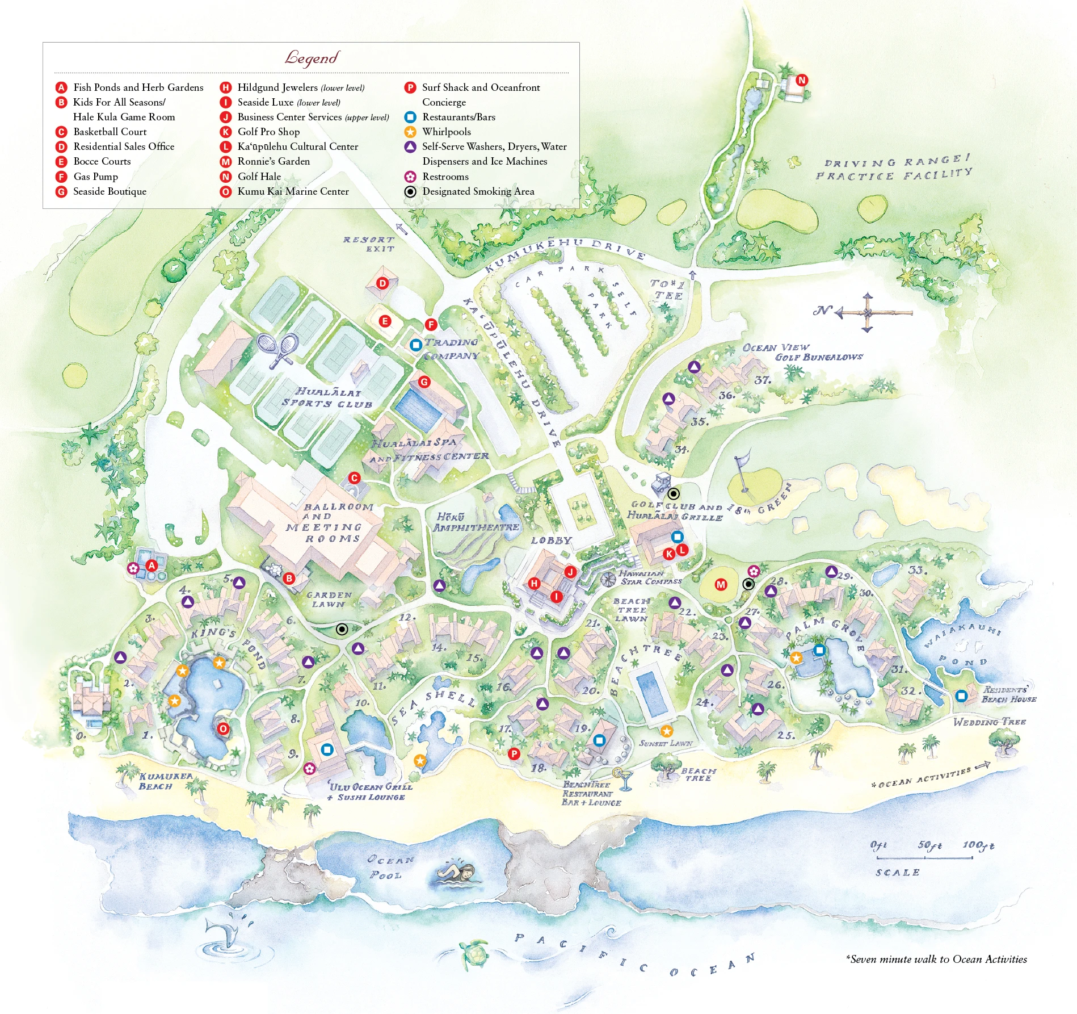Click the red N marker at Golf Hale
pyautogui.click(x=801, y=80)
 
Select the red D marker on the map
pyautogui.click(x=382, y=283)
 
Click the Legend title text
pyautogui.click(x=312, y=58)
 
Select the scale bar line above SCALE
pyautogui.click(x=925, y=858)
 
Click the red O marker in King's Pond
pyautogui.click(x=223, y=729)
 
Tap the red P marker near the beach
pyautogui.click(x=514, y=753)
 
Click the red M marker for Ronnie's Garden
pyautogui.click(x=721, y=584)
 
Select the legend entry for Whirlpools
pyautogui.click(x=446, y=132)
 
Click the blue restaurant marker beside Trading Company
pyautogui.click(x=415, y=344)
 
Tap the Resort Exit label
pyautogui.click(x=369, y=244)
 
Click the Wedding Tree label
pyautogui.click(x=989, y=722)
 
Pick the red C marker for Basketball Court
pyautogui.click(x=354, y=478)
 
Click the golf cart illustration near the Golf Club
pyautogui.click(x=662, y=483)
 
